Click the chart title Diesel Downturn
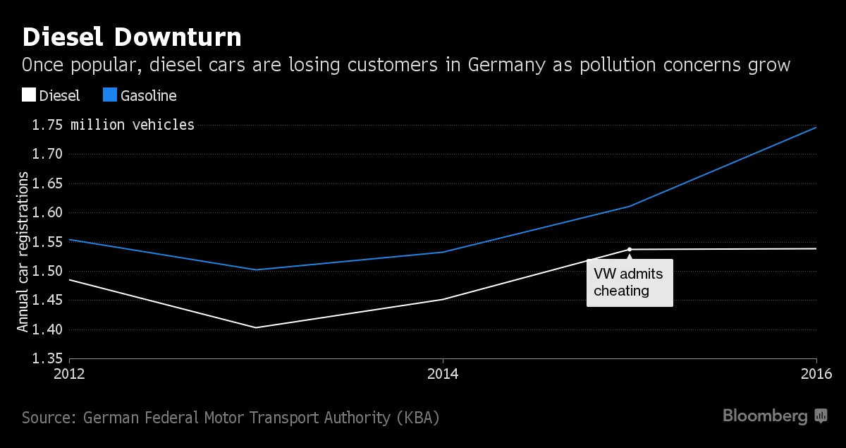point(132,37)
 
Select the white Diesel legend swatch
point(29,95)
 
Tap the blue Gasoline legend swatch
point(110,95)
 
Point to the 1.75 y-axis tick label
point(47,125)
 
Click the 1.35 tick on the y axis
point(47,359)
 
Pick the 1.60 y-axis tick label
point(47,213)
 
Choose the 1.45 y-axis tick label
point(47,301)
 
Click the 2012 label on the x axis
point(69,374)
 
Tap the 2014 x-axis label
point(443,374)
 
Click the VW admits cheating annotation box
point(630,282)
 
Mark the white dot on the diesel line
point(630,249)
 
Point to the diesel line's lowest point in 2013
point(256,327)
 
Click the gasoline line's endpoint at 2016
point(816,128)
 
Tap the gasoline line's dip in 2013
point(256,270)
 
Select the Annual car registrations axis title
point(23,255)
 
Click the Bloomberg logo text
point(765,416)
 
